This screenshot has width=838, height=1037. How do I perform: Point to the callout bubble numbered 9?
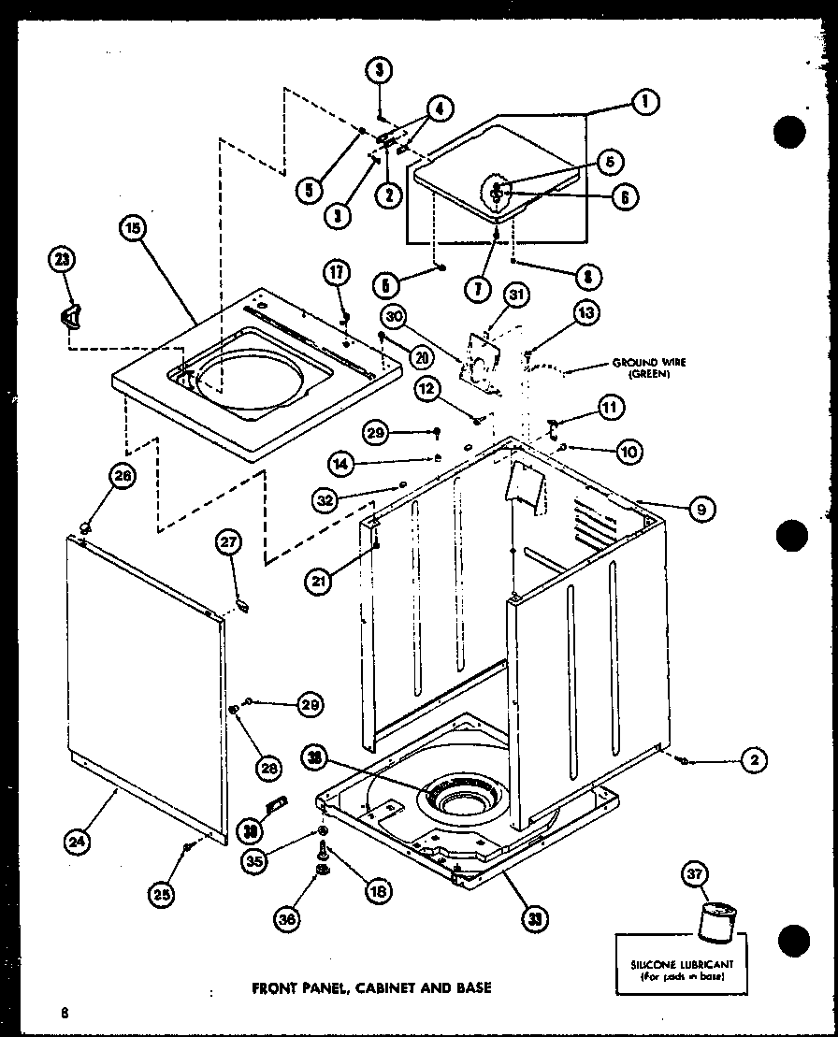(x=701, y=509)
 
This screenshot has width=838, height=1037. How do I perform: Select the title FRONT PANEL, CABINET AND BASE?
(x=372, y=987)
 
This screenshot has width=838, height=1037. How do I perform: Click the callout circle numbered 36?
(x=288, y=920)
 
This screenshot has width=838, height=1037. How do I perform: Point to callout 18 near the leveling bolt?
(x=378, y=891)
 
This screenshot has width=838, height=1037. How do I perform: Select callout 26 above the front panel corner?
(x=123, y=476)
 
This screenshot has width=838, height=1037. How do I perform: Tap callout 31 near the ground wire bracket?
(x=516, y=296)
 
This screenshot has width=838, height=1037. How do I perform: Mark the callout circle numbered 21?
(x=320, y=581)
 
